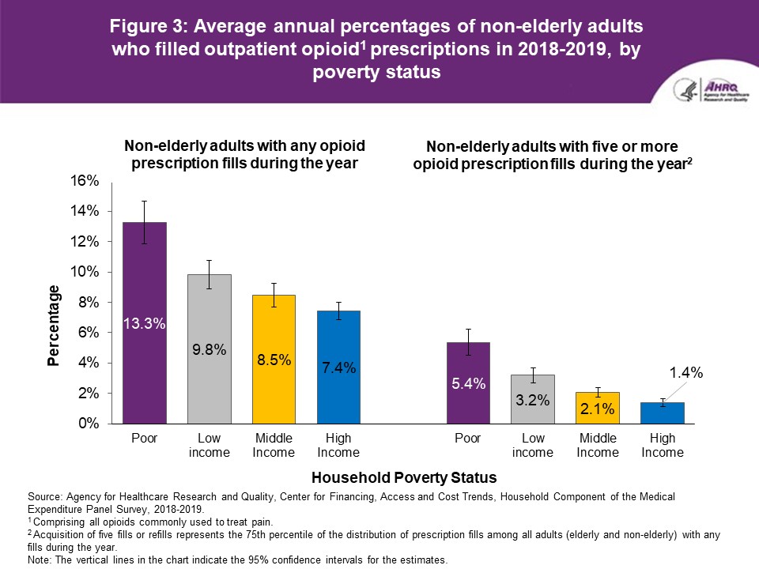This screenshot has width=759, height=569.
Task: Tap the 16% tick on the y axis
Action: tap(86, 181)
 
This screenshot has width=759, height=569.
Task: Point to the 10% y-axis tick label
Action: tap(86, 272)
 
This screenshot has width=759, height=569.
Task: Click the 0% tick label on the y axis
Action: tap(89, 424)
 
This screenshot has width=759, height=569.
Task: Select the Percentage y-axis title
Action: tap(53, 325)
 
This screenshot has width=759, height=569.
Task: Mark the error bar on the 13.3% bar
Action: tap(144, 222)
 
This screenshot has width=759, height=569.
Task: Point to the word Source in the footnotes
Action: tap(44, 496)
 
